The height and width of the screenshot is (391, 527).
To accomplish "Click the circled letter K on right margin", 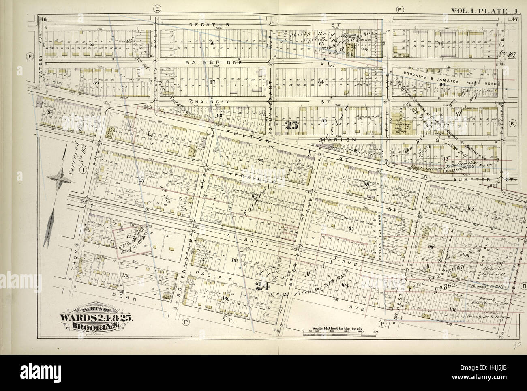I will click(x=512, y=123).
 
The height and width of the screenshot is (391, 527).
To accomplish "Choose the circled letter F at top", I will click(x=401, y=9).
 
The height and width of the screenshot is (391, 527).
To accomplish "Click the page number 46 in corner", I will click(x=43, y=19).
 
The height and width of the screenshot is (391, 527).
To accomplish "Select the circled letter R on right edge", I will click(x=524, y=285).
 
